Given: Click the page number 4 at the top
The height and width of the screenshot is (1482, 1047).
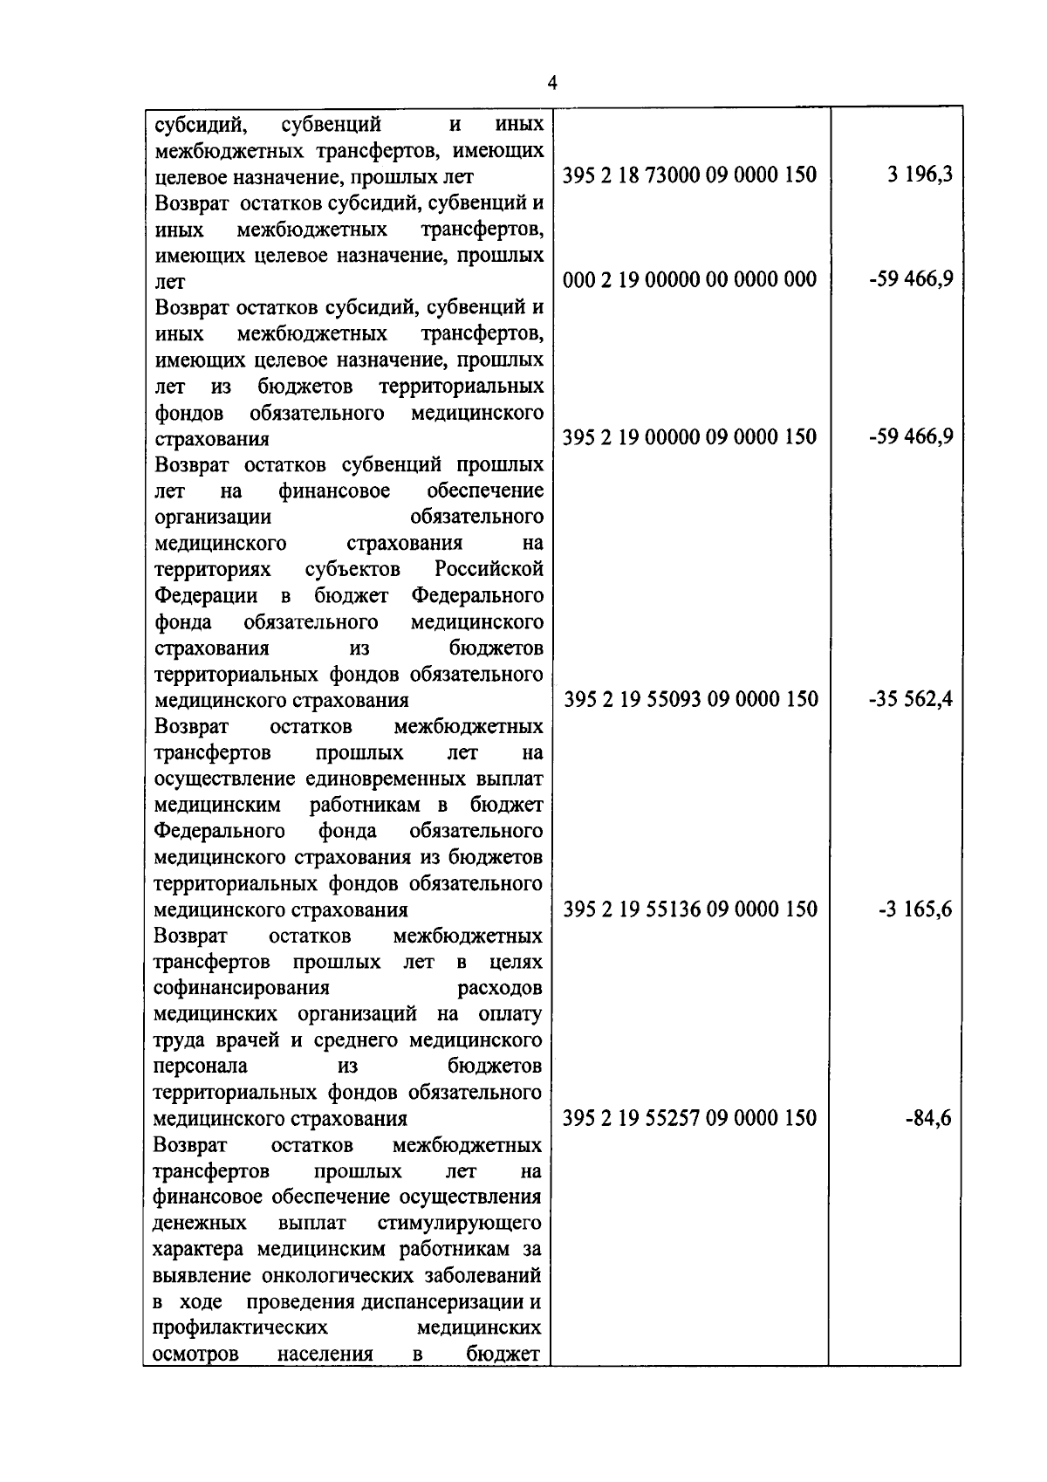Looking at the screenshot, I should [551, 83].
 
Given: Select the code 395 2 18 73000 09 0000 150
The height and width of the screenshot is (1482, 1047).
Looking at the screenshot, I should [689, 175].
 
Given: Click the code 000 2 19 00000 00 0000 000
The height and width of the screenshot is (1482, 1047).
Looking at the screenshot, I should [689, 279].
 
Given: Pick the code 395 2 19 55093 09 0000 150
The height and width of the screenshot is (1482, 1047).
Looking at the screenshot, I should [690, 699].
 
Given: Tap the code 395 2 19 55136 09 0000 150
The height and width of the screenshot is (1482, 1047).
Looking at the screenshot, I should [690, 909].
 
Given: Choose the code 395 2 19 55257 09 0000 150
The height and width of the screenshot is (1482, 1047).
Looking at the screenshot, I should [689, 1118].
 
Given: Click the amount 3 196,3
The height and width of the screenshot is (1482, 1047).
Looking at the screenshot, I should [920, 175].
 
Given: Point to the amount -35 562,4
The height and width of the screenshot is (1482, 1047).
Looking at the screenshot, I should [911, 699].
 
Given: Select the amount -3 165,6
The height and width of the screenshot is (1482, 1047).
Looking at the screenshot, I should [915, 909].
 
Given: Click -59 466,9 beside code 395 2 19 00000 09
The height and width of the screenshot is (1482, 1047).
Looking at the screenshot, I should [911, 436].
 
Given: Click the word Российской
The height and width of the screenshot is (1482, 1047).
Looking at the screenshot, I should [489, 569].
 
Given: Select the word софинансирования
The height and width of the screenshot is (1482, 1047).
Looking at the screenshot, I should [242, 988].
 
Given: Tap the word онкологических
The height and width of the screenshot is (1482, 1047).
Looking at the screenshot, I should [336, 1276].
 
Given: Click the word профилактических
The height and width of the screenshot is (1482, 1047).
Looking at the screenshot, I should [241, 1328].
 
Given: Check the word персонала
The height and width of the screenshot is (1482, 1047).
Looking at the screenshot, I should [200, 1067].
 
